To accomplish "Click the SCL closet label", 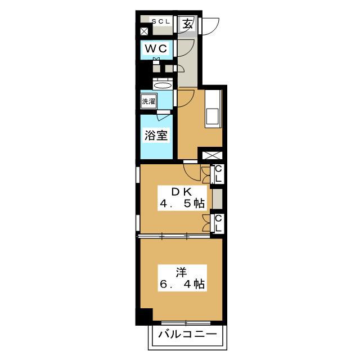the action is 161,21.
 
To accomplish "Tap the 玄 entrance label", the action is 187,24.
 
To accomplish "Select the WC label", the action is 156,49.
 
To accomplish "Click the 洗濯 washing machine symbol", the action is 148,101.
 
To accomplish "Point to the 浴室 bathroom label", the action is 156,135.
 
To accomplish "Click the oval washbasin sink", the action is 163,85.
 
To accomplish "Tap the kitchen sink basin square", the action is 213,116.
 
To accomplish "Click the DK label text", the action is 182,192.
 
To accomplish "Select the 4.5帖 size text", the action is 182,204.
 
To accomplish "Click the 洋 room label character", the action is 181,272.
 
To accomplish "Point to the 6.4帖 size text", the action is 182,284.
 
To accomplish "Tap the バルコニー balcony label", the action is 187,334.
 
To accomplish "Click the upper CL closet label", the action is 218,174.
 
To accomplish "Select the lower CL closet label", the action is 218,223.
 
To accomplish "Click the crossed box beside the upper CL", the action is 212,155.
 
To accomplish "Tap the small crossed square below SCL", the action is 144,31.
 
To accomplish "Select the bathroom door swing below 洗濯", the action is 163,117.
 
